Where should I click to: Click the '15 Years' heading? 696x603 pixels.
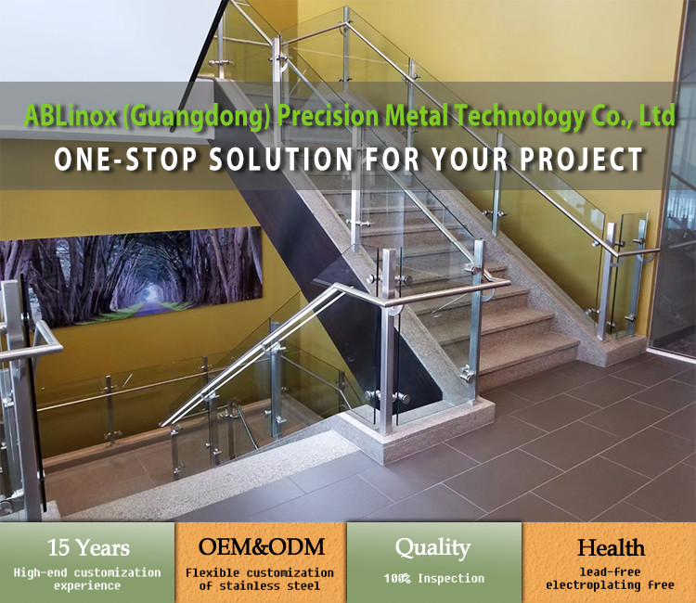click(87, 547)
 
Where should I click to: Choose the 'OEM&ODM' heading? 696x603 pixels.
click(260, 547)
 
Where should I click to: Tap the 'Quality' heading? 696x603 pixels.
click(433, 547)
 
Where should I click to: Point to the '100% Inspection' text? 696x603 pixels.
click(433, 578)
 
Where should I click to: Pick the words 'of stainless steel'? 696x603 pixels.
click(260, 585)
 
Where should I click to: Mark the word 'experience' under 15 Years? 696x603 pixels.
click(87, 585)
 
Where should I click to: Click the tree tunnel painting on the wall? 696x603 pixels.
click(130, 275)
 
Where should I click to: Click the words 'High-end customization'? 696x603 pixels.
click(87, 572)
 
